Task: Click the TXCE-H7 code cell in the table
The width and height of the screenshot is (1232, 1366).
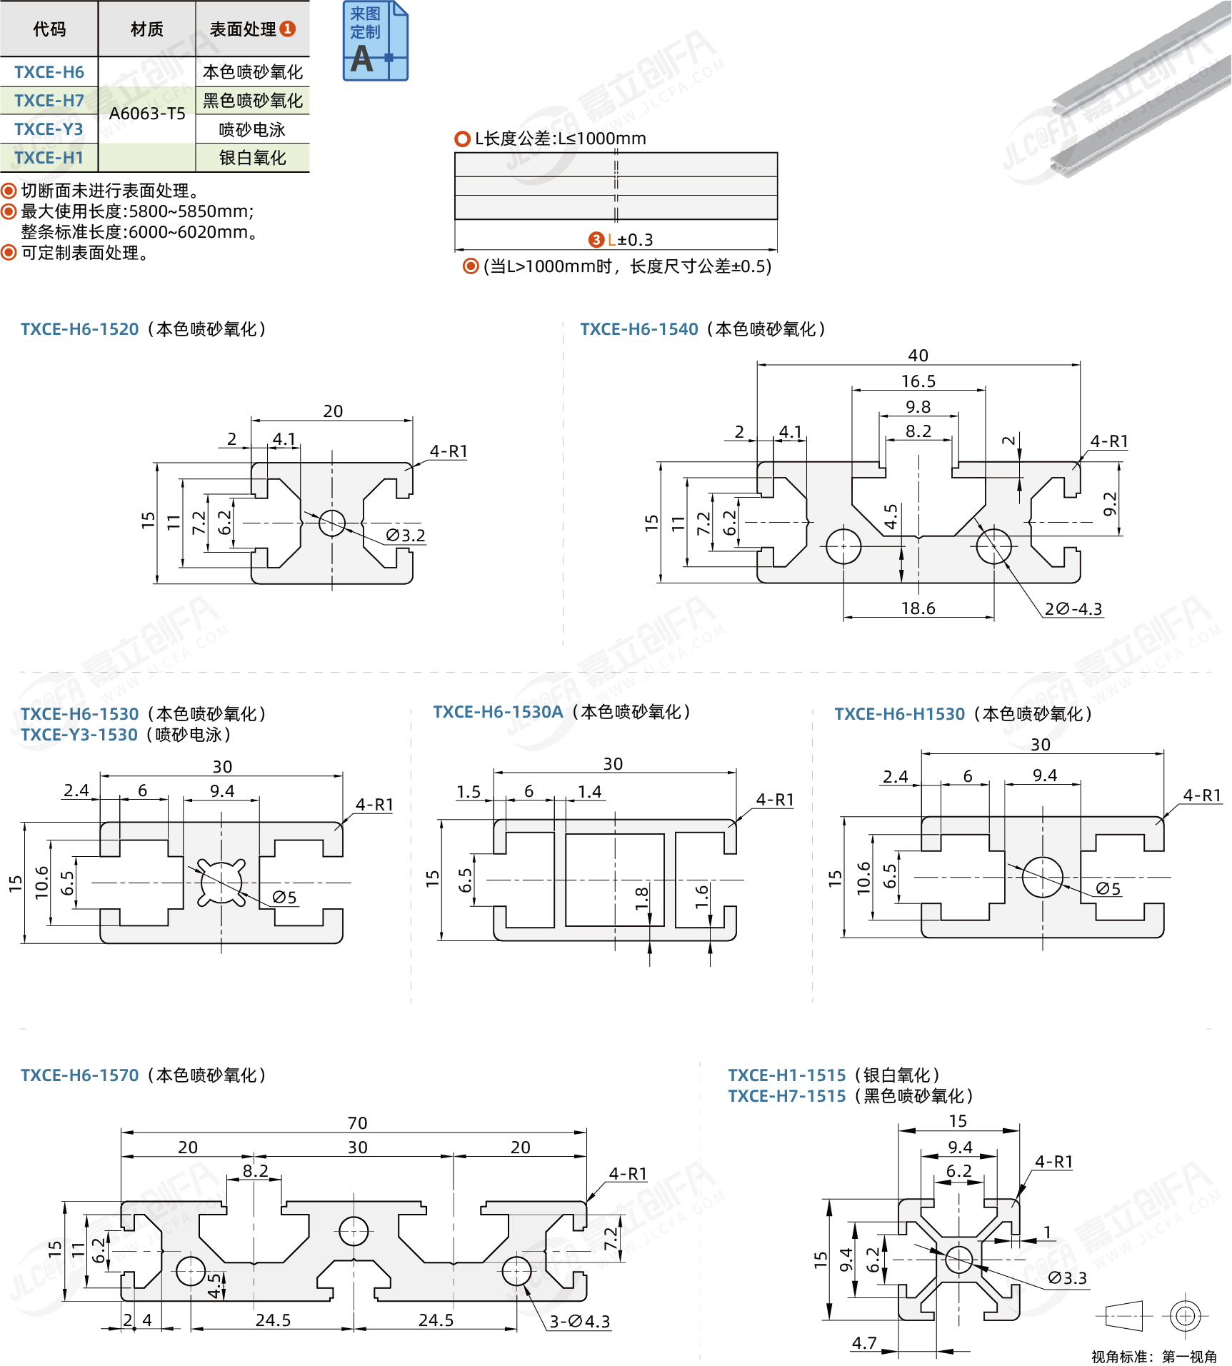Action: click(49, 101)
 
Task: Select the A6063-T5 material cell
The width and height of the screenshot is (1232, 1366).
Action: click(147, 114)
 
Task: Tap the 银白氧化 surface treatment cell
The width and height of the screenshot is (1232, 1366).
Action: click(252, 158)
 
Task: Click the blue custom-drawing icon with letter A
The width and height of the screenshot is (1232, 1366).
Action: click(375, 41)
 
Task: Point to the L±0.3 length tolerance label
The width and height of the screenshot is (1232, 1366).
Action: click(628, 240)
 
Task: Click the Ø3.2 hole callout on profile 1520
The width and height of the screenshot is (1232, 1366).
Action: click(406, 536)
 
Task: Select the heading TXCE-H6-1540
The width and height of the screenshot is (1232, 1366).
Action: click(638, 329)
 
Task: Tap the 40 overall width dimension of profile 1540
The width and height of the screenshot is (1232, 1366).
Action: click(918, 356)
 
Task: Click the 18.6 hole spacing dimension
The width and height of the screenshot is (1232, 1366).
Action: click(918, 608)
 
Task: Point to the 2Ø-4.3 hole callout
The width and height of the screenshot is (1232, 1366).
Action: click(1073, 609)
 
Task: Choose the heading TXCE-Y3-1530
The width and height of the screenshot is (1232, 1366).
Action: click(79, 735)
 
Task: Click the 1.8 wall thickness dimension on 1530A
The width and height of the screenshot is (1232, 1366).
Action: click(641, 896)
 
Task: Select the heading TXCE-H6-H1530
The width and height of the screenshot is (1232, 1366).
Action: click(899, 714)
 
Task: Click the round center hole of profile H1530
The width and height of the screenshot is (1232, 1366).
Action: click(1042, 877)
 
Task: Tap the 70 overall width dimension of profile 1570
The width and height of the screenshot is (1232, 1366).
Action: click(357, 1123)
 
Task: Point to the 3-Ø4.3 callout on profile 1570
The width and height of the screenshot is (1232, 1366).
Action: click(579, 1322)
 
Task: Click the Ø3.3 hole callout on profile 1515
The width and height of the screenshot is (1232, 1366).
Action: click(1067, 1278)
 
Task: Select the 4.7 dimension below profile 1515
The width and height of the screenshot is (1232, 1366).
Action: click(864, 1343)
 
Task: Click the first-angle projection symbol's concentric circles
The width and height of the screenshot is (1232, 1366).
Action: click(1185, 1315)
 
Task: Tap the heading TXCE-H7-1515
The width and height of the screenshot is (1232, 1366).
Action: click(786, 1096)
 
